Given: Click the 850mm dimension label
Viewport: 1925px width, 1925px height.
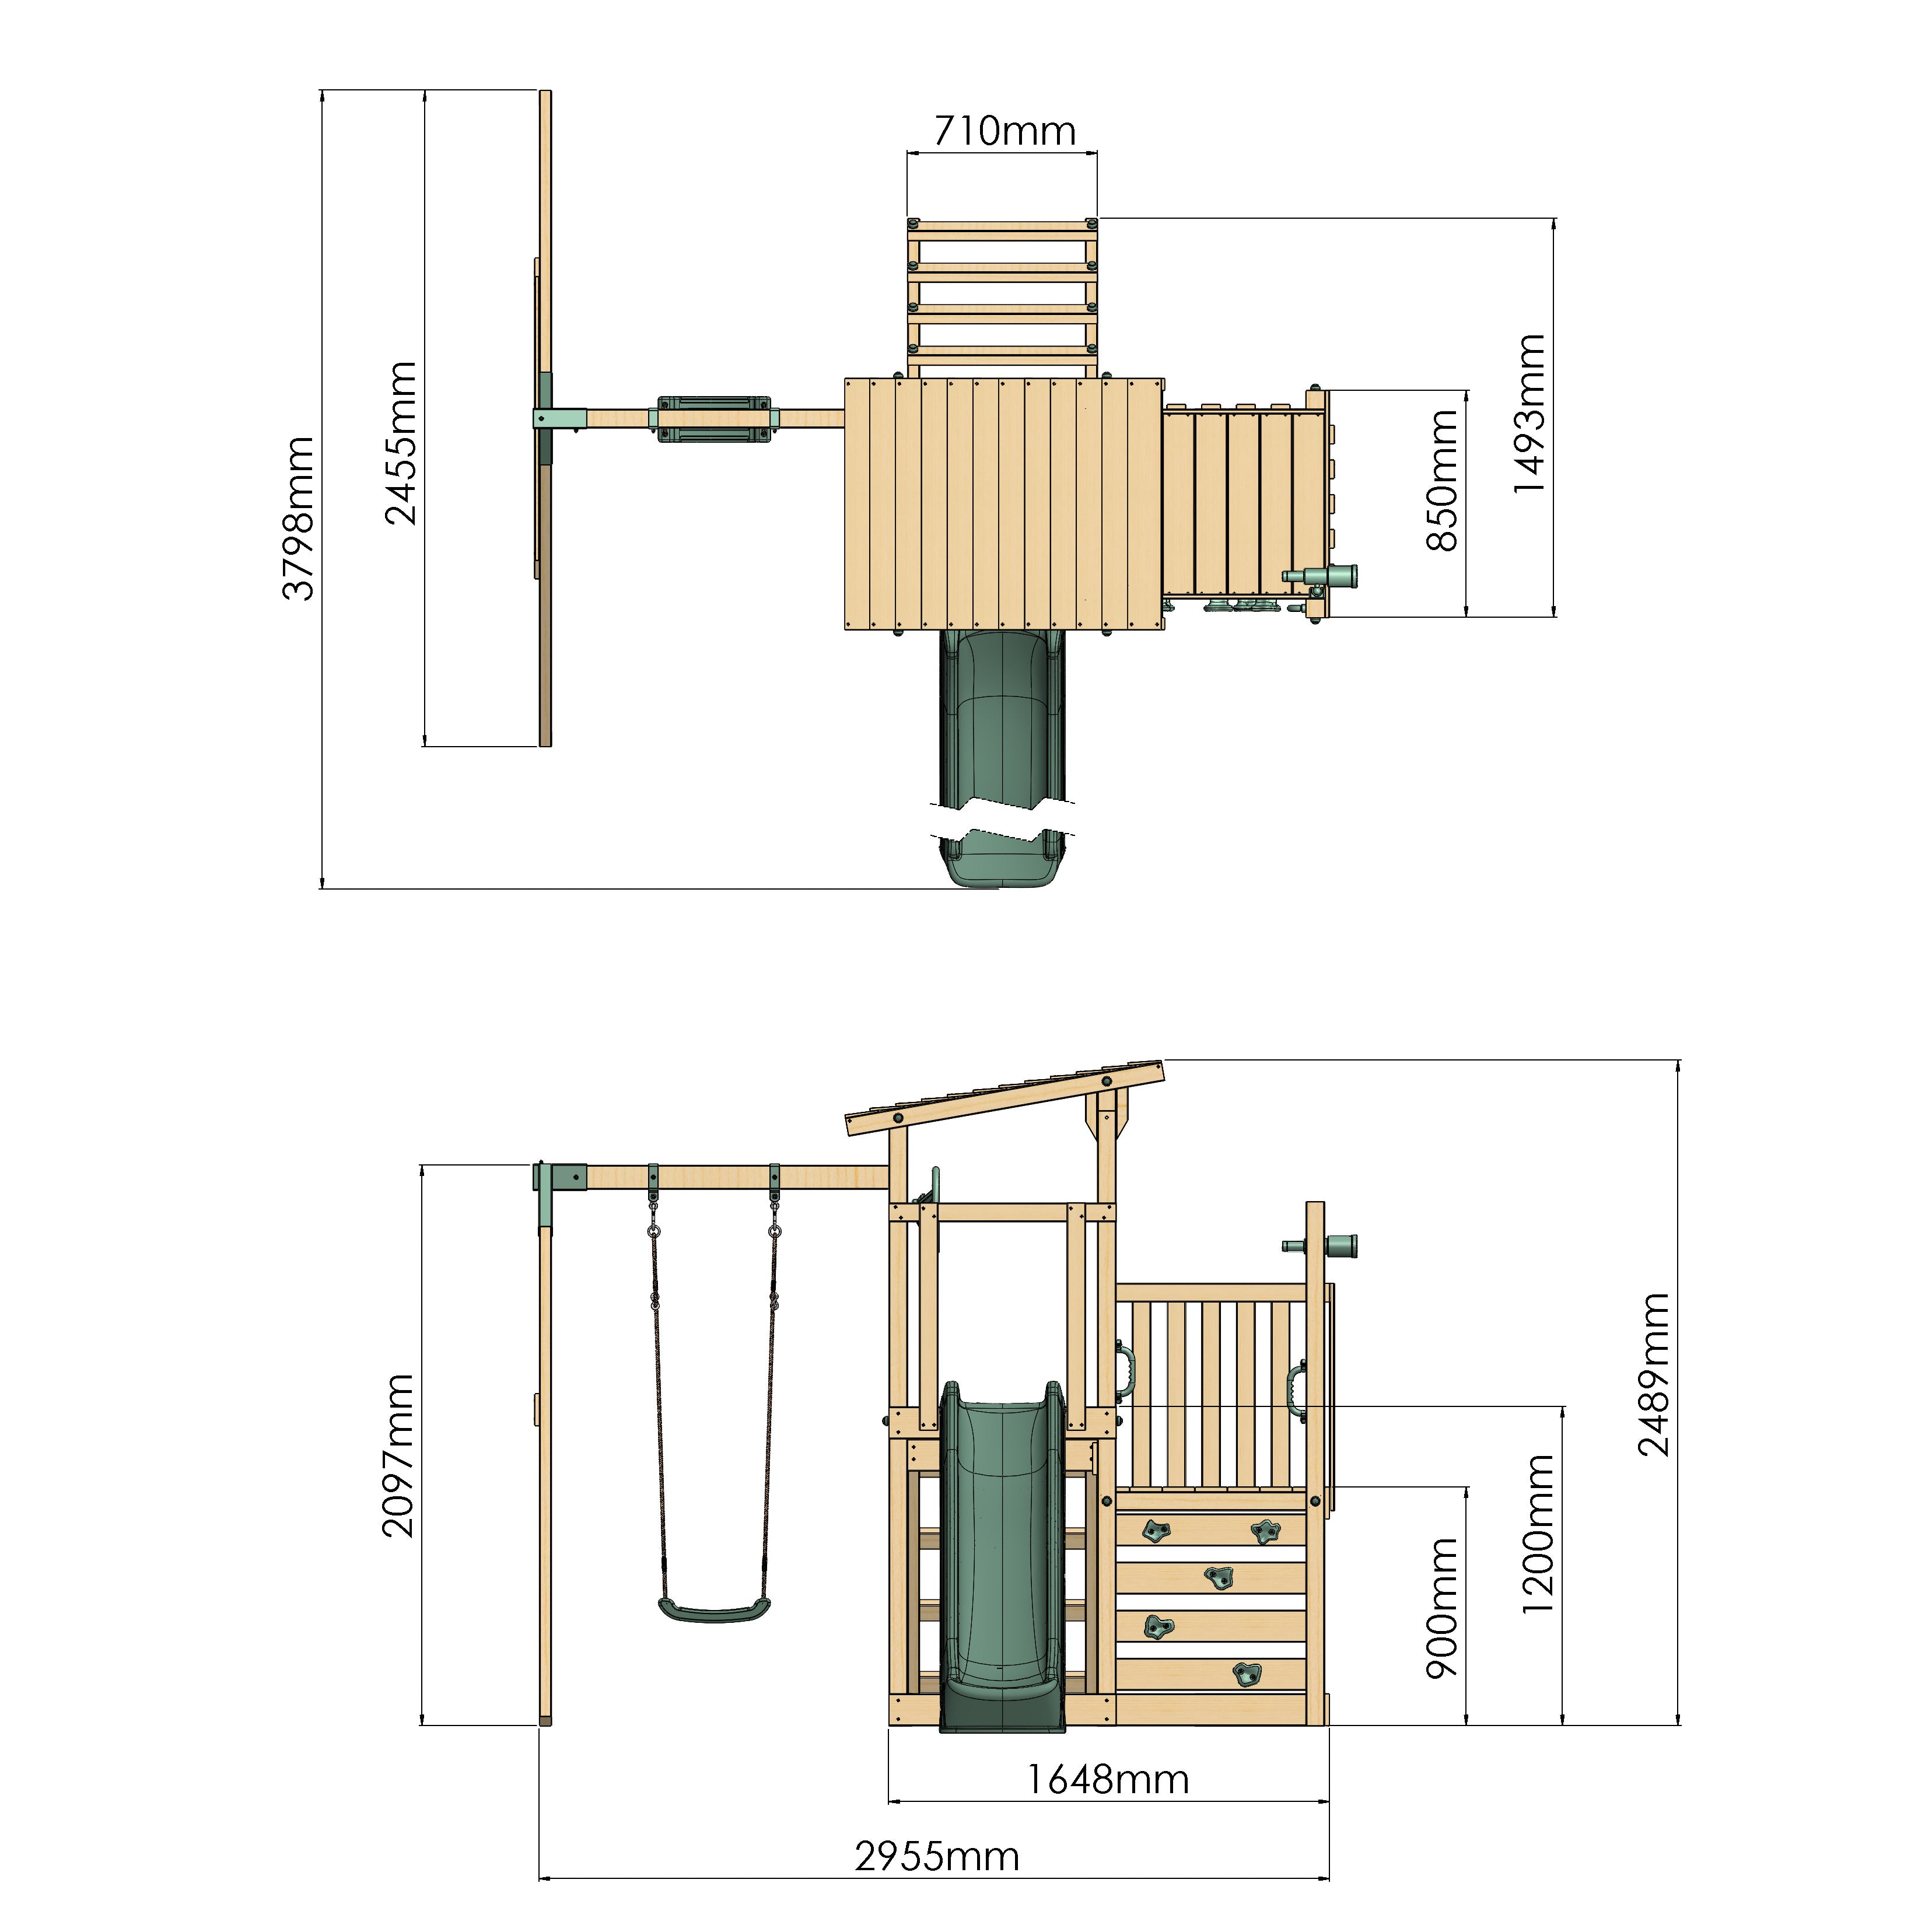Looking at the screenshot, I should [1442, 480].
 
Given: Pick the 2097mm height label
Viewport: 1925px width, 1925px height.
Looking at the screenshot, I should [398, 1455].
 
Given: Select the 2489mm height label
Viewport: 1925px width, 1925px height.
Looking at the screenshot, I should [1654, 1375].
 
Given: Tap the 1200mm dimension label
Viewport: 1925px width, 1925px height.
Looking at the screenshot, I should [1538, 1534].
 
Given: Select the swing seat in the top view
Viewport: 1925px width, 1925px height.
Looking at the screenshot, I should [713, 418].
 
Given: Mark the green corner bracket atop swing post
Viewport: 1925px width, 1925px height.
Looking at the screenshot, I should [558, 1179].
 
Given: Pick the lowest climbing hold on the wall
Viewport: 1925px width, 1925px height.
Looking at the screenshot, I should [1247, 1675].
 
